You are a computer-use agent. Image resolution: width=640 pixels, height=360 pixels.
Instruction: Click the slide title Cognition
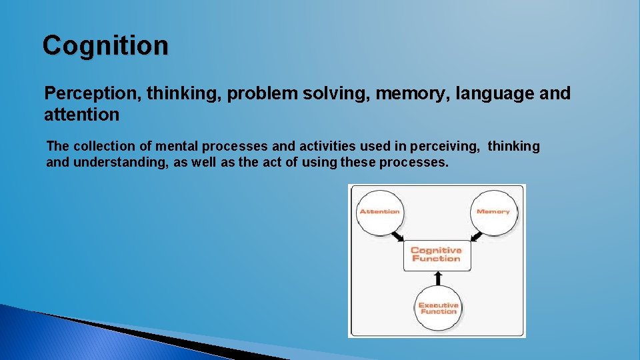click(105, 46)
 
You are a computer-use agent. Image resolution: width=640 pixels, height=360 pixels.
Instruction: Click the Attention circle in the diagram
click(379, 212)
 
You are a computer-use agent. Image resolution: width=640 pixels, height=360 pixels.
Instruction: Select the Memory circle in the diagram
click(493, 212)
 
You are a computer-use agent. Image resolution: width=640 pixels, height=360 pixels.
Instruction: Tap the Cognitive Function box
click(436, 255)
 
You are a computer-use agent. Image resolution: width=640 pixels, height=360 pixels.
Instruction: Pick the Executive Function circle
click(437, 308)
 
